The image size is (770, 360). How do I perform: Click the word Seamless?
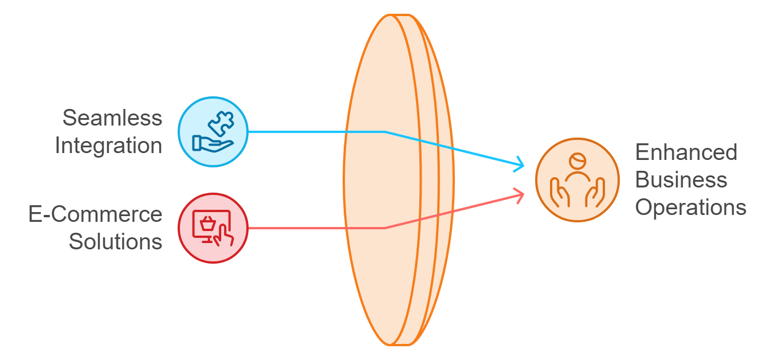pyautogui.click(x=112, y=118)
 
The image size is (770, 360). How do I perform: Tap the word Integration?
pyautogui.click(x=109, y=146)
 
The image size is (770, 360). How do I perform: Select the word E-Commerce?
pyautogui.click(x=96, y=214)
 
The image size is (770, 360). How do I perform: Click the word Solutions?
pyautogui.click(x=116, y=241)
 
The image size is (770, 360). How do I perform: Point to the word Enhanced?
pyautogui.click(x=686, y=152)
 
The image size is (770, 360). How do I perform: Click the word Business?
pyautogui.click(x=681, y=180)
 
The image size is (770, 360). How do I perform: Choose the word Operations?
pyautogui.click(x=690, y=208)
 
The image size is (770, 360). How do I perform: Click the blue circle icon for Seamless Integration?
pyautogui.click(x=213, y=132)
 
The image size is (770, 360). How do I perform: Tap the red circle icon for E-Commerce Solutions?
pyautogui.click(x=213, y=228)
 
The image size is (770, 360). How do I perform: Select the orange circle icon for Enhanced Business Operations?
pyautogui.click(x=577, y=179)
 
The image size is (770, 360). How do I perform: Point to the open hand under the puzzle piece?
pyautogui.click(x=210, y=142)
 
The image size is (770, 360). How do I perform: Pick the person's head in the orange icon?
pyautogui.click(x=577, y=160)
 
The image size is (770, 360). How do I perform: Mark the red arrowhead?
pyautogui.click(x=520, y=195)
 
